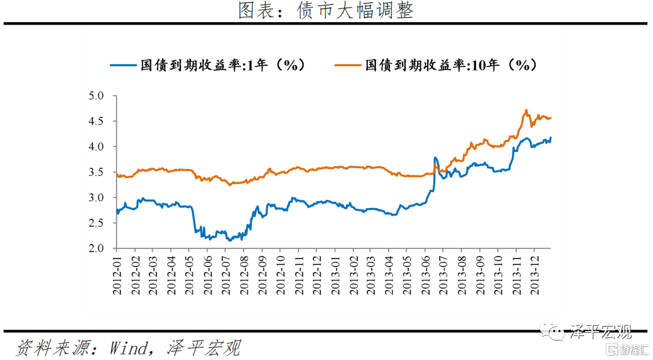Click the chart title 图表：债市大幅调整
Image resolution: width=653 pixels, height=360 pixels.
pyautogui.click(x=326, y=11)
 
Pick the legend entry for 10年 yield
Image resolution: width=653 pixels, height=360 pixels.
pyautogui.click(x=452, y=65)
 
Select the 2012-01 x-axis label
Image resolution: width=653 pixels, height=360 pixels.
pyautogui.click(x=118, y=276)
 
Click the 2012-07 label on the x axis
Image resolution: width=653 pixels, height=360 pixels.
pyautogui.click(x=226, y=276)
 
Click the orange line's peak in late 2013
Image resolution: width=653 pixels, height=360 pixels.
pyautogui.click(x=526, y=110)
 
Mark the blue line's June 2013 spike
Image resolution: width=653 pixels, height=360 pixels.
pyautogui.click(x=435, y=158)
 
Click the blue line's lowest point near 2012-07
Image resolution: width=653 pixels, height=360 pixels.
pyautogui.click(x=228, y=240)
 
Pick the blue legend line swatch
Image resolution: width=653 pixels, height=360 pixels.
pyautogui.click(x=124, y=65)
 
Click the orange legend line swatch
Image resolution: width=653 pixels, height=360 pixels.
pyautogui.click(x=348, y=65)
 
